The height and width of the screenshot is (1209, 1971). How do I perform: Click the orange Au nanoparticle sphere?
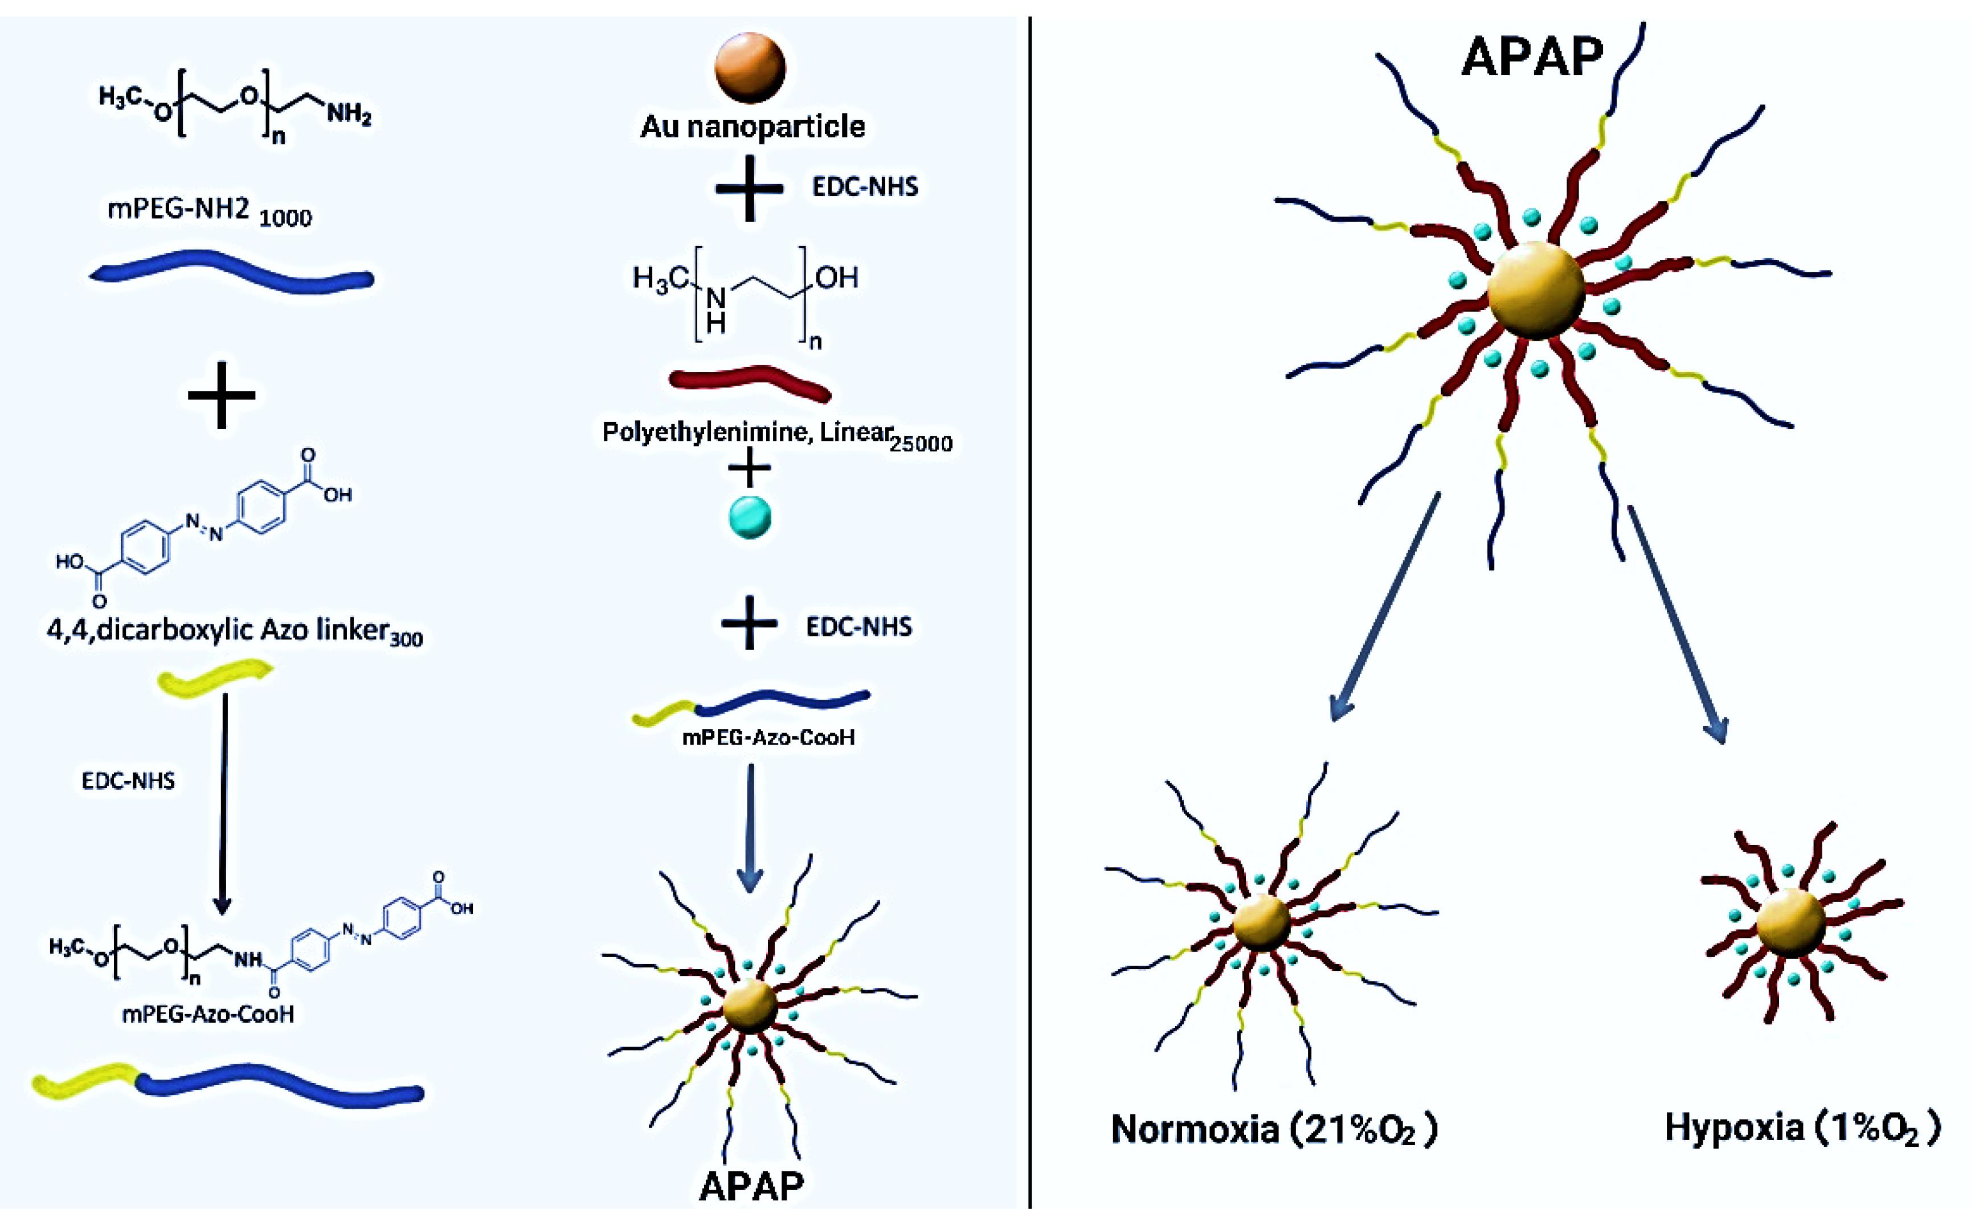(750, 67)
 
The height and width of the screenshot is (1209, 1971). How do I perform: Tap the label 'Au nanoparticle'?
(752, 126)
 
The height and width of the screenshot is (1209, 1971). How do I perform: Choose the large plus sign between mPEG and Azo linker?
(222, 394)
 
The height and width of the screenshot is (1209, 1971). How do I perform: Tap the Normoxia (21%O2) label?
(1274, 1129)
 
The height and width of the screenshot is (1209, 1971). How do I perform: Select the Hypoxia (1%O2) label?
(1801, 1128)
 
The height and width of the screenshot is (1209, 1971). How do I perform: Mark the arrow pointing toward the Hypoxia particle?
(1678, 624)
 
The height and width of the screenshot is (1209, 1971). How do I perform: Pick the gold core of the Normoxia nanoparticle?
(1261, 924)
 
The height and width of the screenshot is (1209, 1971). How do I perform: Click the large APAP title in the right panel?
(1532, 58)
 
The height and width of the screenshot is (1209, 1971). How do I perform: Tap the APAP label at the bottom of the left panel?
(751, 1186)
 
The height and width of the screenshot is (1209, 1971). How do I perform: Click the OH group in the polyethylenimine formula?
(837, 277)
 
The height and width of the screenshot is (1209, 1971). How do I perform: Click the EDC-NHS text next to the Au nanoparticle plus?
(865, 187)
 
